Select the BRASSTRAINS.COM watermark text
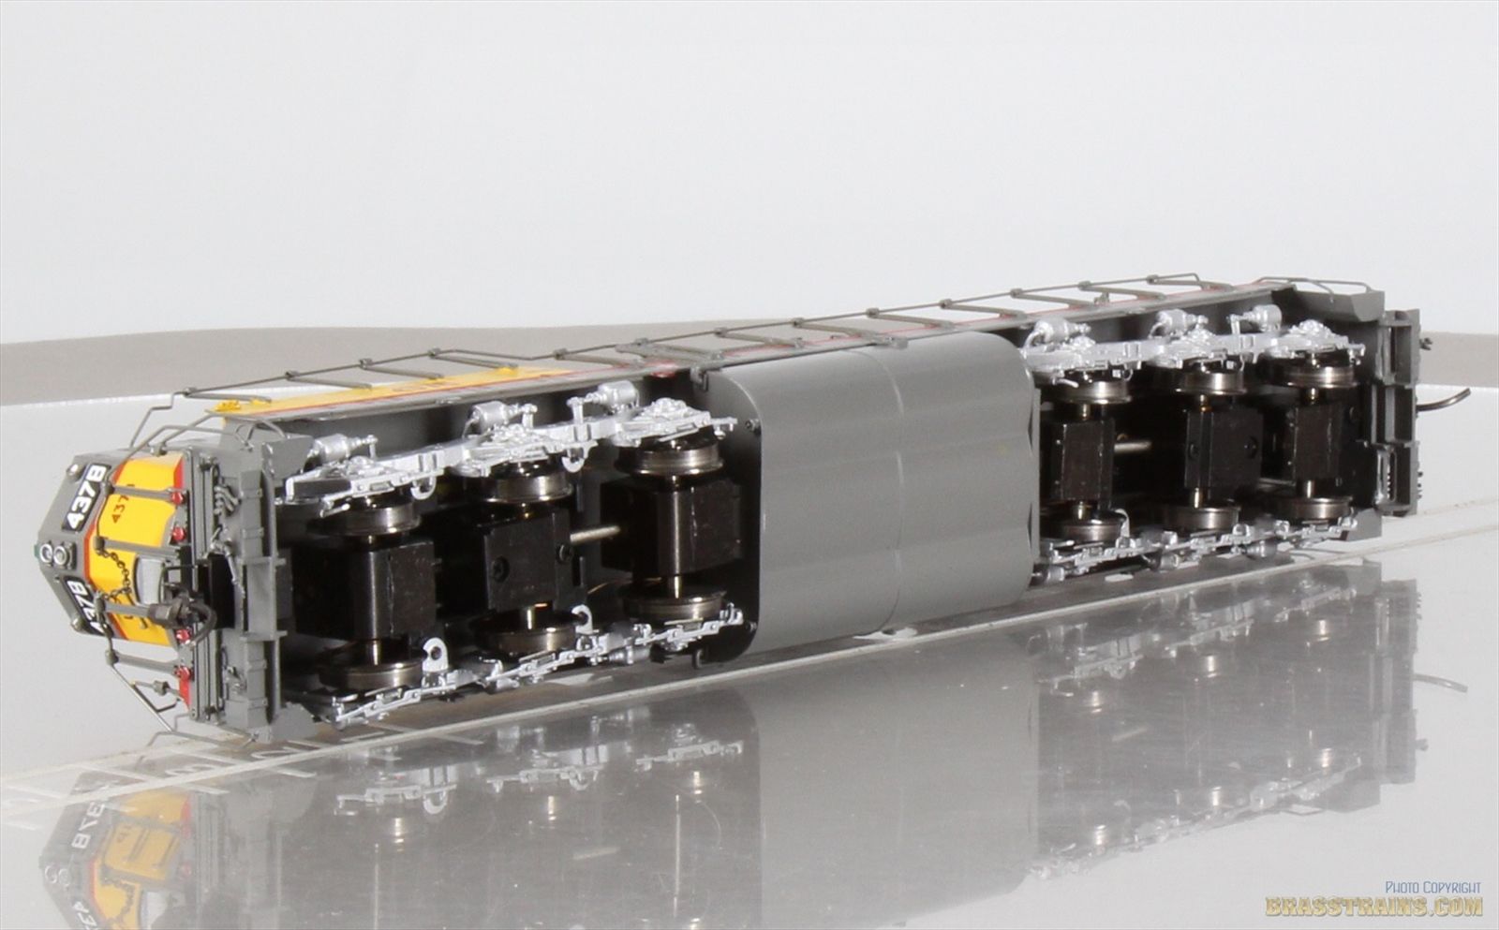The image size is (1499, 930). pos(1373,906)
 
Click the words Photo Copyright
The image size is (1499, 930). pos(1433,886)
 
